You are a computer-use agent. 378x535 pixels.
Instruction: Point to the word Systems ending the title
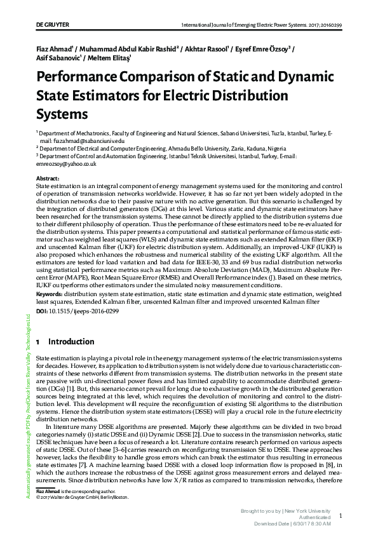tap(62, 114)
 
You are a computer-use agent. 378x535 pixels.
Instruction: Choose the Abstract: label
tap(48, 179)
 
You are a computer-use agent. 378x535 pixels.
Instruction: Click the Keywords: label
tap(50, 295)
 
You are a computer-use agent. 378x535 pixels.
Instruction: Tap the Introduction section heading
tap(71, 341)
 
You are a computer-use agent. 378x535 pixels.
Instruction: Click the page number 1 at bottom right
tap(341, 517)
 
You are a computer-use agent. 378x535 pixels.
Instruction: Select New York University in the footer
tap(308, 511)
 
